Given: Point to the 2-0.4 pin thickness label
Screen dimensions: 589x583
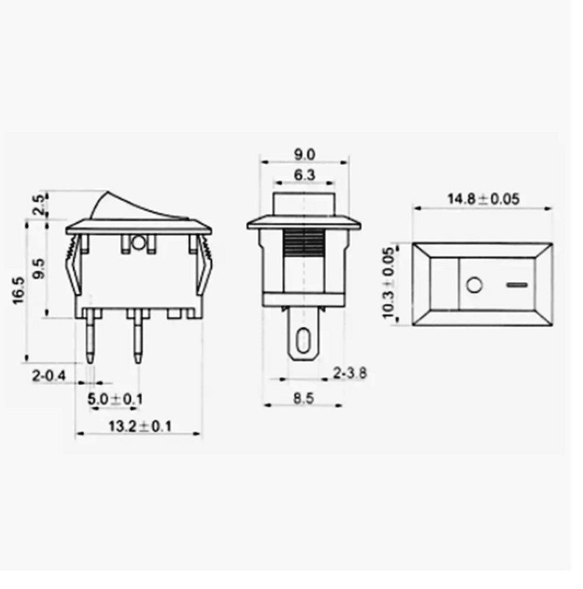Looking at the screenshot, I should [49, 376].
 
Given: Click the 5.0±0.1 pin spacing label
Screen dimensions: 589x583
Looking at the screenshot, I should [116, 399].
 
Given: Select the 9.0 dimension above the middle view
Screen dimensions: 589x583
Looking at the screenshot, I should [305, 154].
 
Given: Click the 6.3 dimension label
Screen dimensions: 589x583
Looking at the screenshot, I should [305, 174].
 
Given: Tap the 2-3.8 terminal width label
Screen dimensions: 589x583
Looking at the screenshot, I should [350, 373].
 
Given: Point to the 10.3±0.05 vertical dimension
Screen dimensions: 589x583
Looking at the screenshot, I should [389, 283].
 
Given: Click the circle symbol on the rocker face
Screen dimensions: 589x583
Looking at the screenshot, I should [474, 283].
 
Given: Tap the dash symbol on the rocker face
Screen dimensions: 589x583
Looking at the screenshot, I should [517, 283].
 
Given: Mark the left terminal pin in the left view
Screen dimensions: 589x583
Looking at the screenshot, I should [91, 336].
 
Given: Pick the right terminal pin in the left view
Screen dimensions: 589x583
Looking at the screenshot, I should [137, 336].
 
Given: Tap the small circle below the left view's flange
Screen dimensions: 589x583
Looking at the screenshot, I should [138, 241].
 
